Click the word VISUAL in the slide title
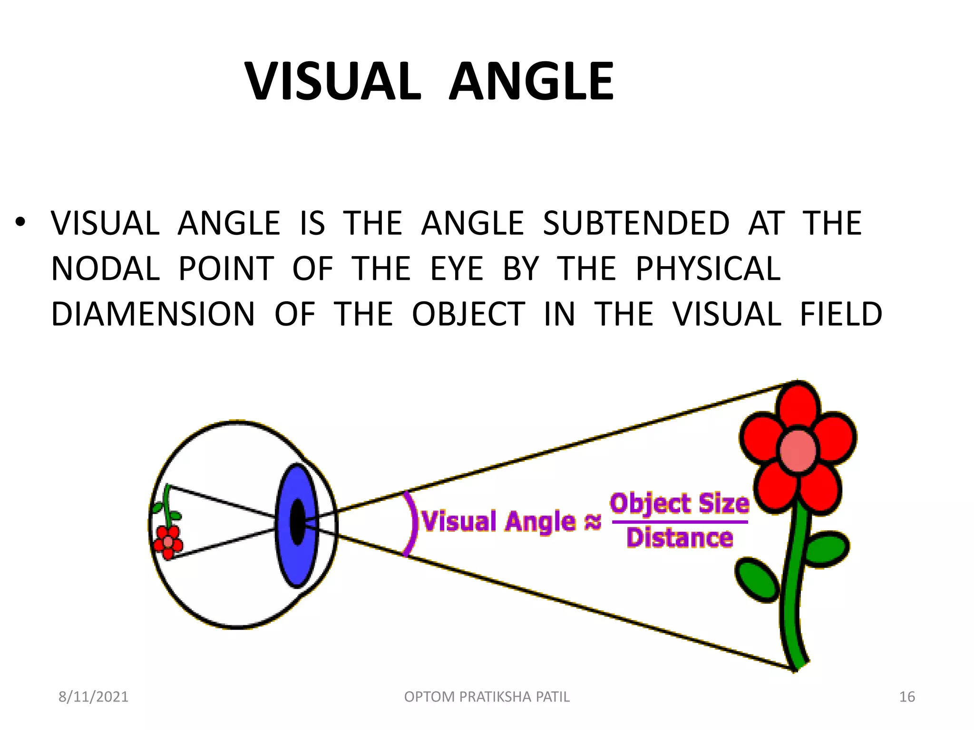tap(332, 82)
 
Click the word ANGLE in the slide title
tap(531, 82)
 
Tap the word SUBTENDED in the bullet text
tap(636, 223)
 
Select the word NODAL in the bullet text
tap(105, 269)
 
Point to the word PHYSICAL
tap(708, 269)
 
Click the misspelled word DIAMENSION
tap(153, 314)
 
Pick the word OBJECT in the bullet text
tap(468, 314)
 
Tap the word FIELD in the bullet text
tap(841, 314)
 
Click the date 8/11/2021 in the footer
tap(93, 697)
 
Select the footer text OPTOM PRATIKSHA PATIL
tap(487, 697)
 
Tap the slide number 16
tap(907, 697)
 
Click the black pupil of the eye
tap(297, 521)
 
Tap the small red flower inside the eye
tap(168, 542)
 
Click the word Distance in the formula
tap(680, 538)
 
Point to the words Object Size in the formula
tap(680, 503)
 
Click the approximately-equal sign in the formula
tap(593, 522)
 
